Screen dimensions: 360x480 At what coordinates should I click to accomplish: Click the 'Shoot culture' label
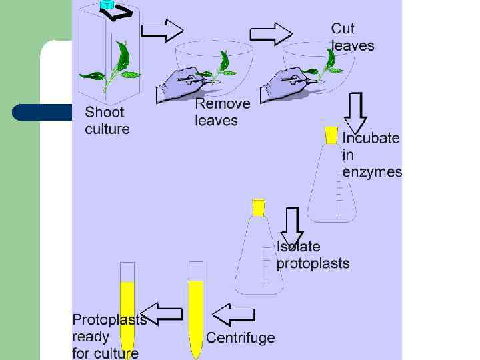(107, 121)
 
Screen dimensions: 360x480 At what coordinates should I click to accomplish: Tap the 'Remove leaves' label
(222, 112)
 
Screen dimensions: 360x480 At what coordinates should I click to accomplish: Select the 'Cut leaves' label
(352, 37)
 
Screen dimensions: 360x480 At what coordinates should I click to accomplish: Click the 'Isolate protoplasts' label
(312, 255)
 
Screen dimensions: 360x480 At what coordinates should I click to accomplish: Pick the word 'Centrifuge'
(240, 337)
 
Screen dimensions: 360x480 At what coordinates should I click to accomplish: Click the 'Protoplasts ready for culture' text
(109, 336)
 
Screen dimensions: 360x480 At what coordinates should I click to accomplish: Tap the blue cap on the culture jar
(107, 5)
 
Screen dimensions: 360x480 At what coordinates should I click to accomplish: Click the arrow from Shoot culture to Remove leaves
(163, 30)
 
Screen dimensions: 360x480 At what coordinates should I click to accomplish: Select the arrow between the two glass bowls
(271, 33)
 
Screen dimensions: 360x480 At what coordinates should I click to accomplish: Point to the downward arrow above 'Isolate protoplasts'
(291, 227)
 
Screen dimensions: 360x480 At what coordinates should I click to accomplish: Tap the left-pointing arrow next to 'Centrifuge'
(233, 314)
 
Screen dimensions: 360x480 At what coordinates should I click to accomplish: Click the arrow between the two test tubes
(163, 314)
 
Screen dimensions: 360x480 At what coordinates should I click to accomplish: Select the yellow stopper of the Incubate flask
(331, 134)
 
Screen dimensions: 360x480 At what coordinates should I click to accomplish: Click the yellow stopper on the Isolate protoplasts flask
(259, 207)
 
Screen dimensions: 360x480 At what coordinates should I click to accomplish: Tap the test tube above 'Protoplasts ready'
(127, 307)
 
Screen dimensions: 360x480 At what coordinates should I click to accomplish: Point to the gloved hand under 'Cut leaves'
(283, 84)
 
